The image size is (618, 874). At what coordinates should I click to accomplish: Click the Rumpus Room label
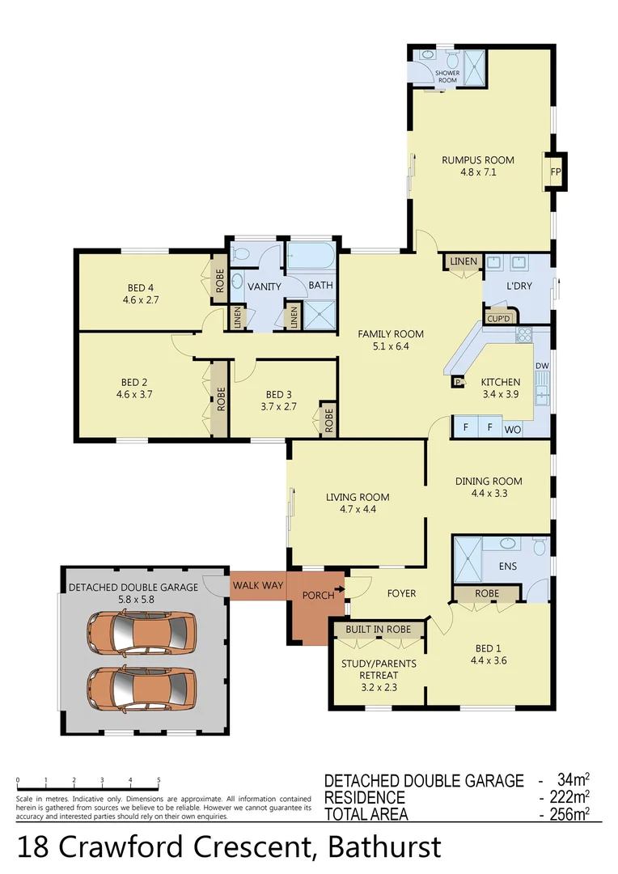pyautogui.click(x=478, y=159)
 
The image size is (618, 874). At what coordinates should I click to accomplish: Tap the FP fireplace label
pyautogui.click(x=556, y=172)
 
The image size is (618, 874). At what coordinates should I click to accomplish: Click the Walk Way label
pyautogui.click(x=257, y=585)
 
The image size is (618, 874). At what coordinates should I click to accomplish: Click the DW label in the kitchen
pyautogui.click(x=543, y=367)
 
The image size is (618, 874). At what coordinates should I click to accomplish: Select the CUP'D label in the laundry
pyautogui.click(x=498, y=318)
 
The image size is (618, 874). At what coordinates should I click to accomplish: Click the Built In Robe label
pyautogui.click(x=378, y=629)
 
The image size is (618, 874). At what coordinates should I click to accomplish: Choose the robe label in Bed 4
pyautogui.click(x=218, y=279)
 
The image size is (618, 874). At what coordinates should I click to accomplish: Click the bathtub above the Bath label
pyautogui.click(x=311, y=257)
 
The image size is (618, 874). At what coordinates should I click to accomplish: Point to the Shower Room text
pyautogui.click(x=447, y=77)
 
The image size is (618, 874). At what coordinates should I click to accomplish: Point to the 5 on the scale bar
pyautogui.click(x=159, y=780)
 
